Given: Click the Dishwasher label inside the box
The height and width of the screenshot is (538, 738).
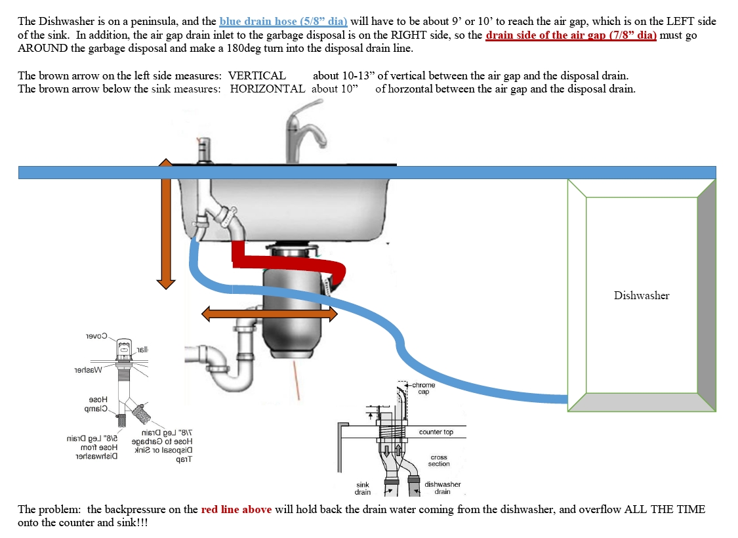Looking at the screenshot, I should pyautogui.click(x=641, y=295).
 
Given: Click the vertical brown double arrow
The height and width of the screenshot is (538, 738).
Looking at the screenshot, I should pyautogui.click(x=166, y=223).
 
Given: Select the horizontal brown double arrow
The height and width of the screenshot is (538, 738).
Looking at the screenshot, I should pyautogui.click(x=268, y=314).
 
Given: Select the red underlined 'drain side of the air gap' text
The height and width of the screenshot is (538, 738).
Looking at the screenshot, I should pyautogui.click(x=571, y=35).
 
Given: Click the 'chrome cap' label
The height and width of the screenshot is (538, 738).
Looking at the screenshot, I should pyautogui.click(x=423, y=388).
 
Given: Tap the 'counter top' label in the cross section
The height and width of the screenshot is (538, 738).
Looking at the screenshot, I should pyautogui.click(x=436, y=432).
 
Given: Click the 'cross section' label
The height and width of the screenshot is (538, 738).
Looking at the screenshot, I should pyautogui.click(x=439, y=461).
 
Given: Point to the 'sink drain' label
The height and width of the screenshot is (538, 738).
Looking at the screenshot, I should pyautogui.click(x=363, y=488).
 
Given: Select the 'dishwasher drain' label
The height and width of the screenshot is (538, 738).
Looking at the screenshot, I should pyautogui.click(x=443, y=488).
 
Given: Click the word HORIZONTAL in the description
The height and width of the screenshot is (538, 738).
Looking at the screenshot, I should pyautogui.click(x=267, y=89).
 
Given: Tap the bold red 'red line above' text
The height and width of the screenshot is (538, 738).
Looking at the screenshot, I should pyautogui.click(x=236, y=510).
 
